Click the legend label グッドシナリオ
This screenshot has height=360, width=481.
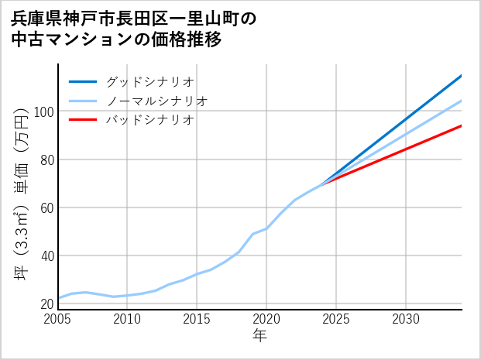point(150,81)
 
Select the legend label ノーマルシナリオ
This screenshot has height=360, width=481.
point(157,101)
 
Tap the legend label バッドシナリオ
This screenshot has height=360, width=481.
point(150,120)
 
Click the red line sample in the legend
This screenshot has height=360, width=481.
point(83,120)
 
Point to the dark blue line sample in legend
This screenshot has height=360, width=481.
point(83,81)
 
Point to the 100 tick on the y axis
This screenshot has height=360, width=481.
point(43,111)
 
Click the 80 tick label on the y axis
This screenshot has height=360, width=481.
point(46,159)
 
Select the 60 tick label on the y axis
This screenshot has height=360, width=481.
point(46,207)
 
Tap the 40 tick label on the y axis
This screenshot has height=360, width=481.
point(46,255)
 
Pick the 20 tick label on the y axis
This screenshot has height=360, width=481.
point(46,303)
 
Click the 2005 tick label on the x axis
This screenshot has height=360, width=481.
point(58,319)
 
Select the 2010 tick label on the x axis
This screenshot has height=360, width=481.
point(128,319)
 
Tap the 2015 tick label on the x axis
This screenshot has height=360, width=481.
point(198,319)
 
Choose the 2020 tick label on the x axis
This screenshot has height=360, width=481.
point(266,319)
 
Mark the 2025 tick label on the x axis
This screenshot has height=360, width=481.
point(336,319)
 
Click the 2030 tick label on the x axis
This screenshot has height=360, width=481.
point(406,319)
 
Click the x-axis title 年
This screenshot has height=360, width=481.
point(259,336)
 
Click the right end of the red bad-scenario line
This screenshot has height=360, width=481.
point(461,125)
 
